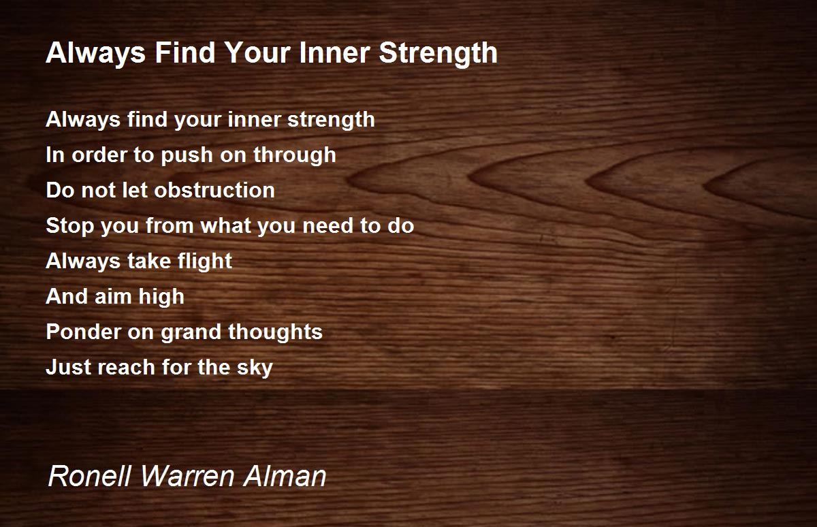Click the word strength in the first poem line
pyautogui.click(x=331, y=120)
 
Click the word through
pyautogui.click(x=295, y=155)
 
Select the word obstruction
pyautogui.click(x=214, y=190)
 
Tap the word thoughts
pyautogui.click(x=275, y=332)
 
